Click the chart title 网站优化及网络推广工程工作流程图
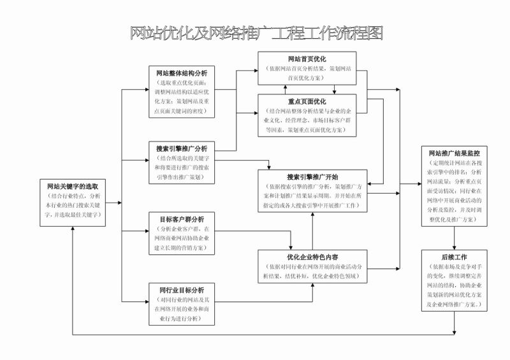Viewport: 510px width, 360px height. coord(256,33)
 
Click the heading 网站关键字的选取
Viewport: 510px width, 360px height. coord(73,187)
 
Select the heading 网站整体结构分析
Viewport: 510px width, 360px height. coord(180,73)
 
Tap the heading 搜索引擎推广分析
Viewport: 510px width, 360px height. coord(180,148)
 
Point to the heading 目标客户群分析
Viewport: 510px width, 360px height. coord(181,219)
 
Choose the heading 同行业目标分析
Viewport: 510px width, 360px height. coord(181,291)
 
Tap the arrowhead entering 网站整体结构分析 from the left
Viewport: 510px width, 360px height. coord(145,89)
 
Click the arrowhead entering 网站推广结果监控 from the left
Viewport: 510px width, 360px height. coord(418,185)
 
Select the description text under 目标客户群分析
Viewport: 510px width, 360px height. coord(181,236)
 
